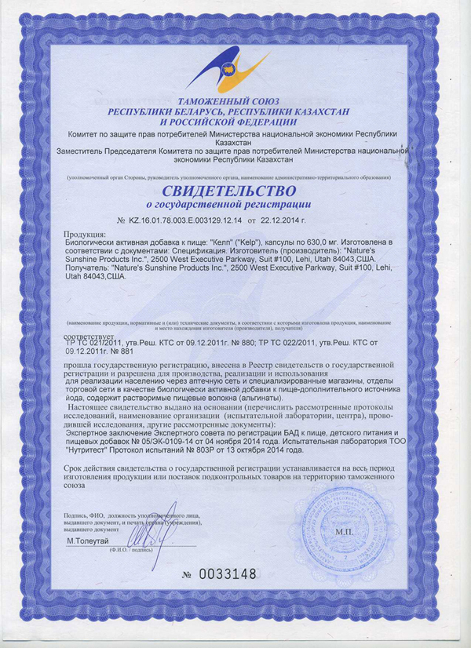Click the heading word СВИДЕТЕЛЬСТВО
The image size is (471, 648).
[x=229, y=191]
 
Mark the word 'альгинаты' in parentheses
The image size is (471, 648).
[x=235, y=398]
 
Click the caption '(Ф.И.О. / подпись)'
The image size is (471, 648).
[x=133, y=550]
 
